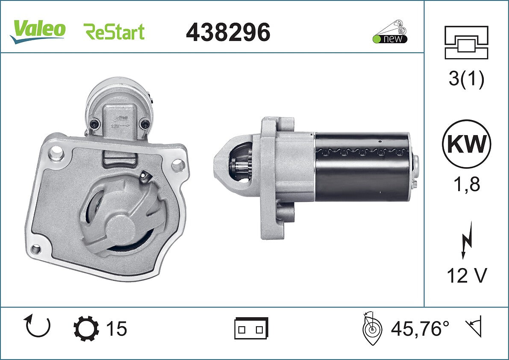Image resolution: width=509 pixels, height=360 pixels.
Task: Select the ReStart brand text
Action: tap(114, 32)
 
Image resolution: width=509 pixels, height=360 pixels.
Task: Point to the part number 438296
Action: tap(228, 32)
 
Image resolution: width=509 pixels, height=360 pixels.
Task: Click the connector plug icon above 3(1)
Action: tap(466, 42)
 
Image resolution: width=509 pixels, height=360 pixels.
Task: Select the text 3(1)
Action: tap(466, 79)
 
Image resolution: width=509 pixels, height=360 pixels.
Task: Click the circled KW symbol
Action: tap(466, 144)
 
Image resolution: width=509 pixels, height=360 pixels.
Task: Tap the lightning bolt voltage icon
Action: tap(466, 240)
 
